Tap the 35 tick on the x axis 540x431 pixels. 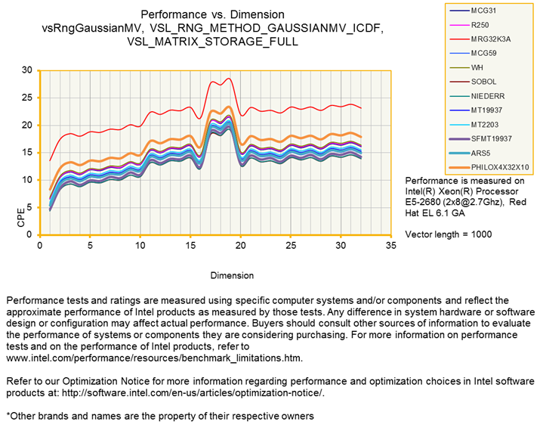(390, 246)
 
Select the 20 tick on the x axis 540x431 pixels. (241, 246)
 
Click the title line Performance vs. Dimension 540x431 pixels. (212, 14)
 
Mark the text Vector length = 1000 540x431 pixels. (449, 234)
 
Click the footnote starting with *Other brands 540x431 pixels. (159, 416)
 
